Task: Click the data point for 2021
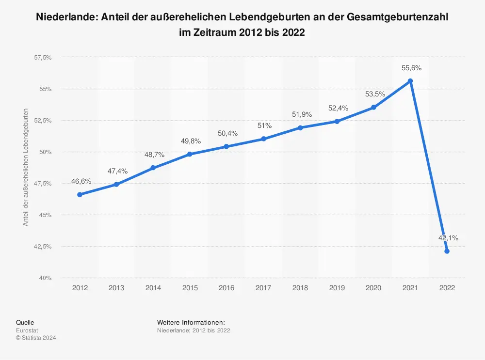pos(410,81)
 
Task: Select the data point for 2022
pos(447,251)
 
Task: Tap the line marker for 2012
pos(80,194)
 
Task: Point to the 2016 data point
pos(226,146)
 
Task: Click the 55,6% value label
pos(411,68)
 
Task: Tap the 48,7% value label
pos(154,155)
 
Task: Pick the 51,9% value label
pos(302,114)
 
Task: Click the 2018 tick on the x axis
pos(300,288)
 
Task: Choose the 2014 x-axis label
pos(153,288)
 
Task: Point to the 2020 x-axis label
pos(373,288)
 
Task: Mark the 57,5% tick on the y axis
pos(43,58)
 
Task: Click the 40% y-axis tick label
pos(46,278)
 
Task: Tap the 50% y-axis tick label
pos(46,152)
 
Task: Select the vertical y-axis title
pos(26,168)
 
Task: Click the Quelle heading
pos(25,322)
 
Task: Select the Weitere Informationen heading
pos(191,322)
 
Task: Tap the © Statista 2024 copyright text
pos(36,338)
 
